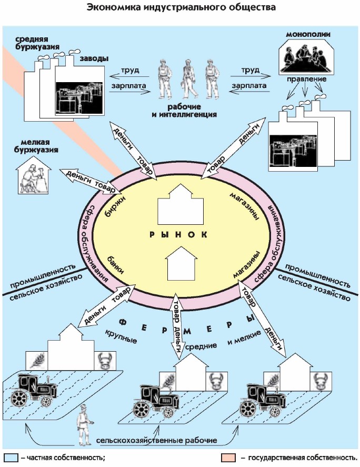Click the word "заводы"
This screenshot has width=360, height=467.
(x=94, y=58)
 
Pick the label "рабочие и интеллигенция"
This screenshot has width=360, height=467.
(x=188, y=110)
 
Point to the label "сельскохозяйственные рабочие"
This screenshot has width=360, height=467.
(x=157, y=439)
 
